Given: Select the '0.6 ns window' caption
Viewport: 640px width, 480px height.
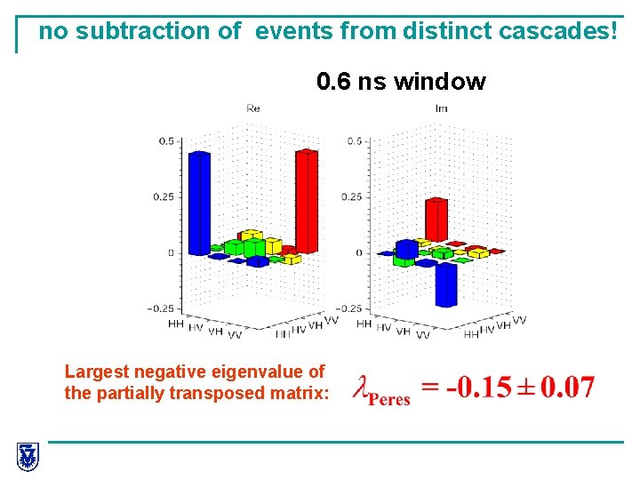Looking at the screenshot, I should (401, 83).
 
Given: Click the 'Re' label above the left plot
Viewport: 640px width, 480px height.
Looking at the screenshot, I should (253, 108).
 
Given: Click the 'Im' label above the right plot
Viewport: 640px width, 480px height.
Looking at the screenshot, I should (441, 108).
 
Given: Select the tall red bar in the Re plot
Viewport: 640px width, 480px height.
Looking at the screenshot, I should (307, 200).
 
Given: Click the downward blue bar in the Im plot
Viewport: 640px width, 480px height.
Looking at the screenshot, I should (446, 283).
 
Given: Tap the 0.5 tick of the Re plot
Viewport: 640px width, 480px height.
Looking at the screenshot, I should (166, 141).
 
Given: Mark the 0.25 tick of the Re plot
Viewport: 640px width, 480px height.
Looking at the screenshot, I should (164, 197).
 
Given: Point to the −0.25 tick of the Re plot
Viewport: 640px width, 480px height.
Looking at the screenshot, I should (161, 308).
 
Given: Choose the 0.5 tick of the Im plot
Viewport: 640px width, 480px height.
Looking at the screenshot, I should (355, 141).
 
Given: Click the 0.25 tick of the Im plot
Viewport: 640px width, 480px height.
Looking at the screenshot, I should (352, 197).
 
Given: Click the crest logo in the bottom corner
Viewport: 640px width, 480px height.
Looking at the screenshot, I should (28, 457).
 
